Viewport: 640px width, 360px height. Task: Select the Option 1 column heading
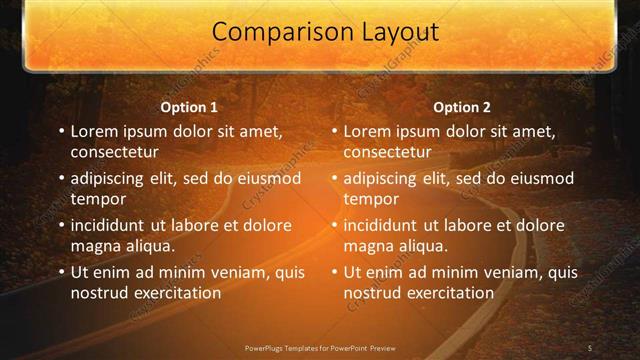coord(189,107)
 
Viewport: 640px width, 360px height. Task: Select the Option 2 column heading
coord(462,107)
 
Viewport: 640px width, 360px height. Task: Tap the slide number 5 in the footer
coord(590,347)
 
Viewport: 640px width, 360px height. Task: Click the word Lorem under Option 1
coord(95,132)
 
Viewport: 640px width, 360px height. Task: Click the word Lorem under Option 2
coord(368,132)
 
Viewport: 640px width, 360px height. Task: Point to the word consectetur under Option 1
coord(115,153)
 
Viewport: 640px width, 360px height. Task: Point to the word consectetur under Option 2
coord(388,153)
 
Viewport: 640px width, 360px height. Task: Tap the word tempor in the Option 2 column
coord(371,200)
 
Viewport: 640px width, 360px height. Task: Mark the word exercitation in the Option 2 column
coord(448,293)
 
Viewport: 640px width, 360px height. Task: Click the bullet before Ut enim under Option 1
coord(61,272)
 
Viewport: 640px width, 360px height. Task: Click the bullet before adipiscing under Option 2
coord(334,179)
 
